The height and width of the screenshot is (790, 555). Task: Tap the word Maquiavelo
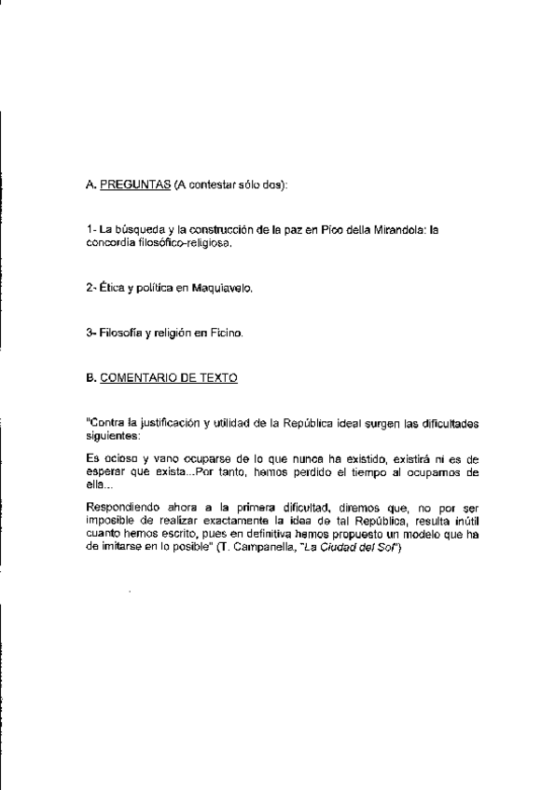(223, 290)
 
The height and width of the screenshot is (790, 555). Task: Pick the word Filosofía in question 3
(116, 334)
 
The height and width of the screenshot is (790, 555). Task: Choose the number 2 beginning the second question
(87, 290)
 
